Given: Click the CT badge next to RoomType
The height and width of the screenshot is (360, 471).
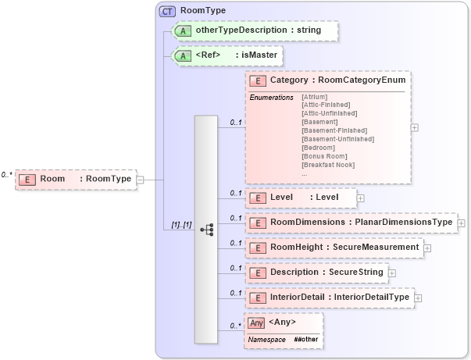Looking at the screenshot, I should click(x=167, y=11).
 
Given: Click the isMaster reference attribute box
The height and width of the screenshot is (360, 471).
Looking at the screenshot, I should click(x=227, y=55).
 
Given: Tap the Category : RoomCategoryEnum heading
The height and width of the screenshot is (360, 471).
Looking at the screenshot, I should click(x=328, y=80).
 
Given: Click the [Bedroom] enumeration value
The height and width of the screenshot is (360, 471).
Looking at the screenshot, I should click(x=319, y=148).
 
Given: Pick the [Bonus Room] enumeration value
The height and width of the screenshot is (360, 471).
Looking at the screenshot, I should click(x=324, y=156).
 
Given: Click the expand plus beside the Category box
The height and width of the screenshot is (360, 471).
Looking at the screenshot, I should click(x=414, y=127).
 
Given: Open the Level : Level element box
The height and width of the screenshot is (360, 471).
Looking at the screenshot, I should click(x=301, y=198).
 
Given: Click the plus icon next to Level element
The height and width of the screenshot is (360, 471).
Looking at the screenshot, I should click(x=360, y=198).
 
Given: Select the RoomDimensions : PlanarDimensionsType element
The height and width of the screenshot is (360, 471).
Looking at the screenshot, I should click(x=351, y=223).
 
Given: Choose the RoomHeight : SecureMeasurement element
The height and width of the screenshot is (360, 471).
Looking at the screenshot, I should click(x=334, y=248).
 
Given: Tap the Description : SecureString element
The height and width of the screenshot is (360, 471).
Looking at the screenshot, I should click(x=316, y=273).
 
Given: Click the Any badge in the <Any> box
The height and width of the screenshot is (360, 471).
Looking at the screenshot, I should click(x=255, y=323).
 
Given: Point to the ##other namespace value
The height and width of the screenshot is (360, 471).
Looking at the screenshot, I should click(x=306, y=340).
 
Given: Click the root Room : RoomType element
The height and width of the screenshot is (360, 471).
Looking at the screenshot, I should click(x=75, y=179).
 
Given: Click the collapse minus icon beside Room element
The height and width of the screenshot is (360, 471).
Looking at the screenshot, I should click(x=140, y=179).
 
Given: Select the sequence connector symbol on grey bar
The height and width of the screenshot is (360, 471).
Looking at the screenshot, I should click(x=207, y=229).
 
